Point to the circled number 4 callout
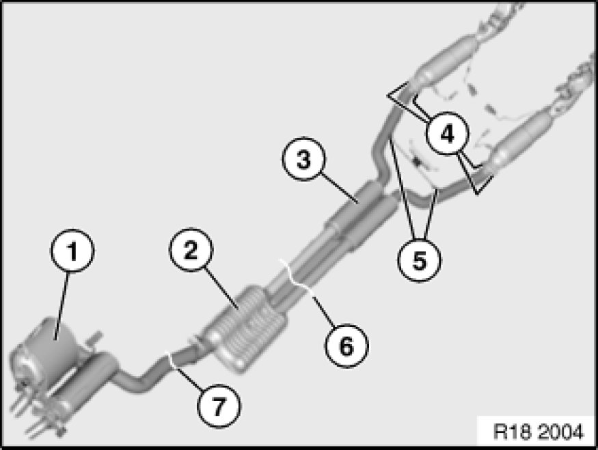click(x=447, y=132)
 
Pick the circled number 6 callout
click(x=346, y=345)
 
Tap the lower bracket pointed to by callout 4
click(x=483, y=181)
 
